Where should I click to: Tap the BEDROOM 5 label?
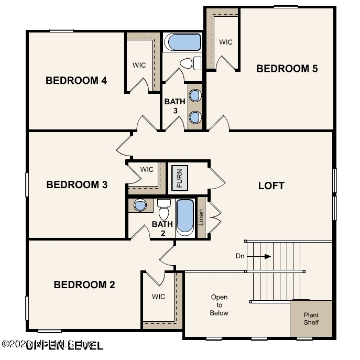coord(287,68)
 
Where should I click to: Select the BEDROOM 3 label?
coord(77,184)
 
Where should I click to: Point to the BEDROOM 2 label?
coord(84,285)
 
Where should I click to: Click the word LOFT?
coord(271,186)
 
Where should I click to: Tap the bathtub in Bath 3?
coord(182,42)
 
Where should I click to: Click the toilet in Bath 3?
coord(190,64)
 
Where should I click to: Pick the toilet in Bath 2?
coord(163,211)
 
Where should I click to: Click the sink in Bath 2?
coord(140,205)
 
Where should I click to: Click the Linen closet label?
coord(201,216)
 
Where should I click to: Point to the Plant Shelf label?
coord(311,319)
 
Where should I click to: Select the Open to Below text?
coord(219,305)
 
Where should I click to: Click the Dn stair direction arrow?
coord(267,256)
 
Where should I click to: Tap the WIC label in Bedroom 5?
coord(225,42)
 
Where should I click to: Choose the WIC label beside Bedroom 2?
coord(158,297)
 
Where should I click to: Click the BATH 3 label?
coord(175,106)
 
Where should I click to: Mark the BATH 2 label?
coord(162,228)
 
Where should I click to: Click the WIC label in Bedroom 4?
coord(139,65)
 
